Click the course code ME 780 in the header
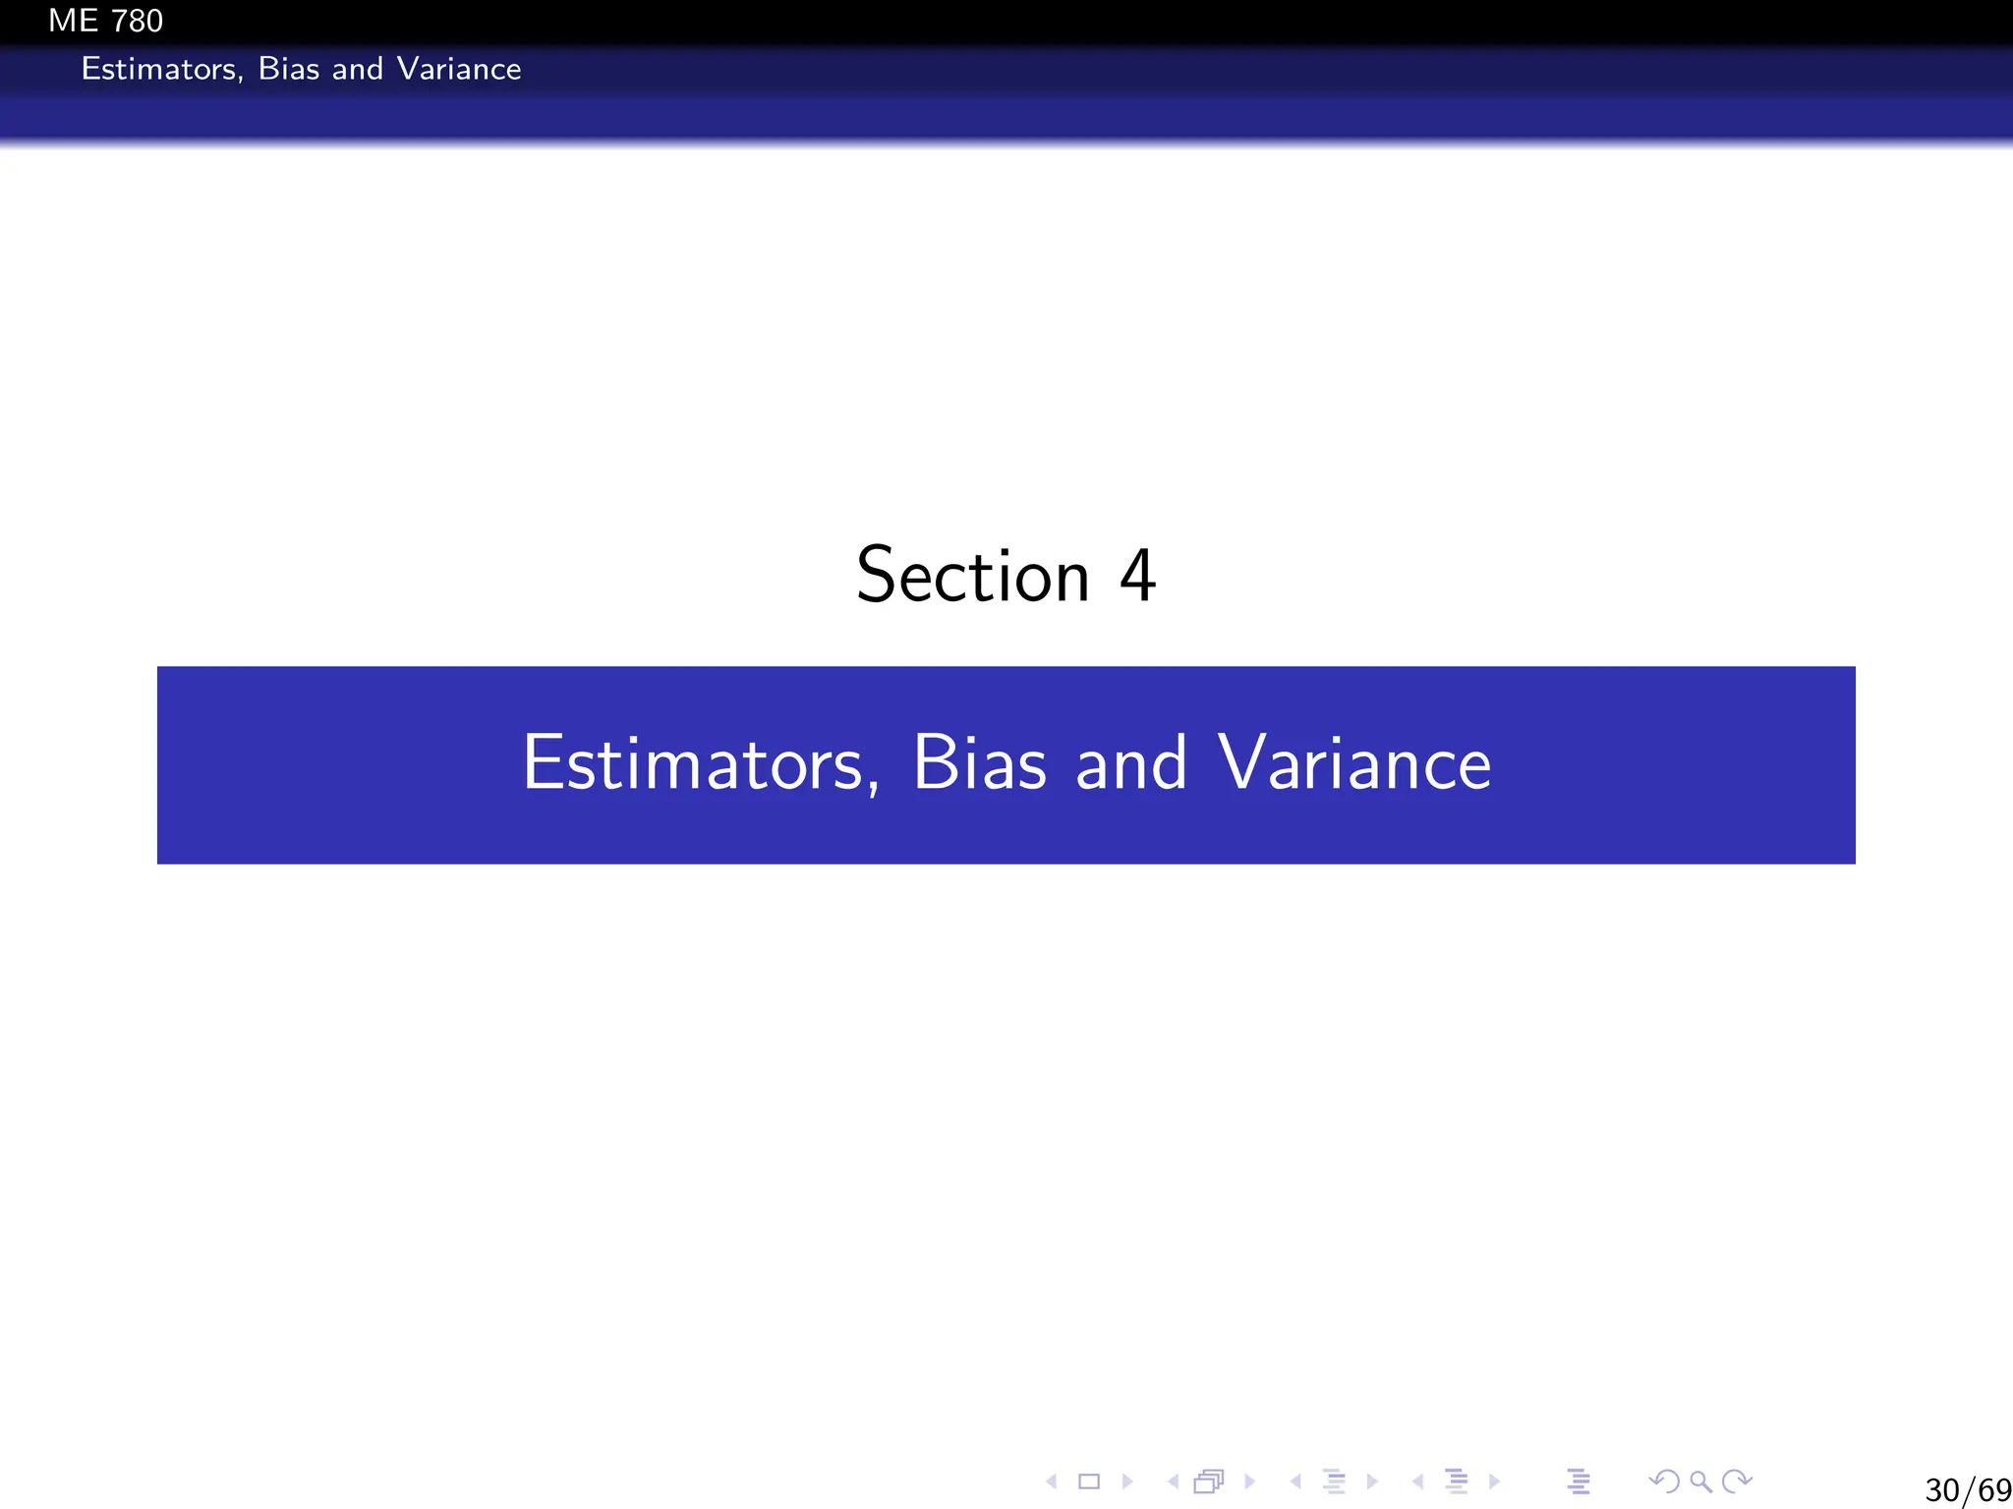pos(105,21)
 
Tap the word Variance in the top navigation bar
pos(459,69)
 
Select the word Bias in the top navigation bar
pos(289,69)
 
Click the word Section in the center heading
pos(973,576)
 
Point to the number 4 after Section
pos(1137,576)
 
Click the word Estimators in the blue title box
pos(693,763)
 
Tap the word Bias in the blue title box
pos(980,763)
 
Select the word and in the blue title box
pos(1131,763)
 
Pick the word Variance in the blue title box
pos(1354,763)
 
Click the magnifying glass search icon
pos(1700,1481)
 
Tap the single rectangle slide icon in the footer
pos(1089,1481)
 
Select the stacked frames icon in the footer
pos(1209,1481)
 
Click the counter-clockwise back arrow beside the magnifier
pos(1663,1481)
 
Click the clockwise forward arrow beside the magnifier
pos(1738,1481)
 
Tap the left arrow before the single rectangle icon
pos(1052,1481)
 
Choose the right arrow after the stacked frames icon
pos(1249,1481)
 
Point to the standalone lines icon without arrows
pos(1579,1481)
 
